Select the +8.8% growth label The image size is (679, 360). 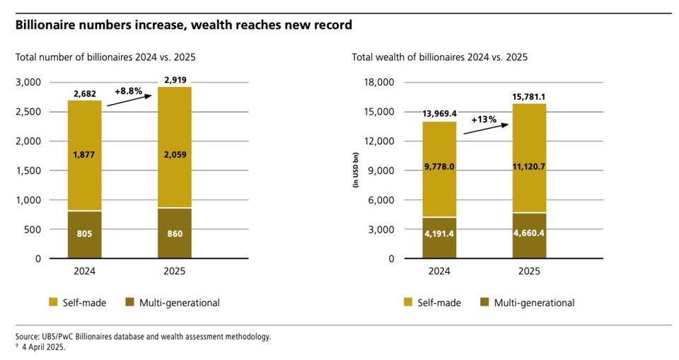click(x=128, y=91)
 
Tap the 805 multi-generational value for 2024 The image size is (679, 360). click(x=85, y=233)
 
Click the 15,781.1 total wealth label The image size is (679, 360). click(x=529, y=97)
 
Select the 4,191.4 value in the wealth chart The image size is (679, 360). click(x=439, y=233)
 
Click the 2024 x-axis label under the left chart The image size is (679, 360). click(x=85, y=271)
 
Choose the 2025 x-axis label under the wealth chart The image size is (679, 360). click(x=529, y=271)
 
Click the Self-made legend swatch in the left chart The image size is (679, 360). click(x=53, y=303)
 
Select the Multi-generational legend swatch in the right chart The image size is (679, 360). click(x=484, y=303)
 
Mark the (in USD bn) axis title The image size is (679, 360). click(x=356, y=170)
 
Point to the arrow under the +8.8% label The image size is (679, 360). click(x=129, y=100)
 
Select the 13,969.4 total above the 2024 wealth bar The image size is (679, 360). click(x=439, y=113)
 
